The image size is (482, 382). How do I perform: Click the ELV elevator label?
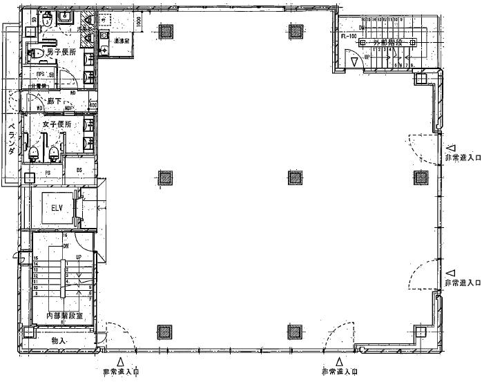click(52, 206)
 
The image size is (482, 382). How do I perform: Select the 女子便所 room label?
click(57, 124)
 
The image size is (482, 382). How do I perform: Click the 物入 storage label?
click(59, 341)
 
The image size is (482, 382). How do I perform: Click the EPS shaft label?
click(41, 74)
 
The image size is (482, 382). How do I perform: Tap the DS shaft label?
click(79, 169)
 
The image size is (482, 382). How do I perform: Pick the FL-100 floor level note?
click(348, 36)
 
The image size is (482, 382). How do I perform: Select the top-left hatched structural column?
click(166, 30)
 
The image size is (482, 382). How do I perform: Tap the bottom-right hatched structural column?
click(422, 332)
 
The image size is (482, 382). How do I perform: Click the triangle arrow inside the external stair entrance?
click(354, 62)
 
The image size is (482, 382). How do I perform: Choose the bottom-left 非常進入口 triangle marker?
click(120, 361)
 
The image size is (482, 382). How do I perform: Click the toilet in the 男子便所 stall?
click(39, 52)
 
